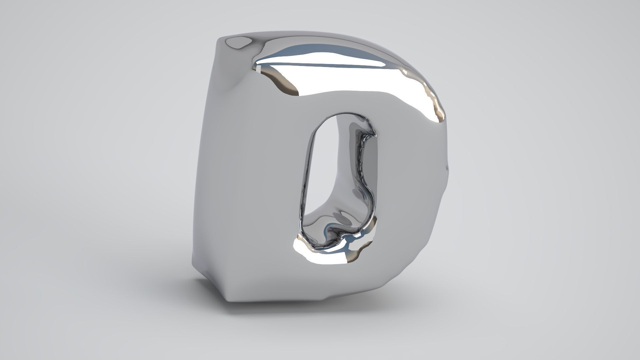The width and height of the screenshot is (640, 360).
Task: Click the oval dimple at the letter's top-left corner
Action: click(x=237, y=42)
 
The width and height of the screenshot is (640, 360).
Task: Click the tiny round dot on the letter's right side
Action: click(x=447, y=168)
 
